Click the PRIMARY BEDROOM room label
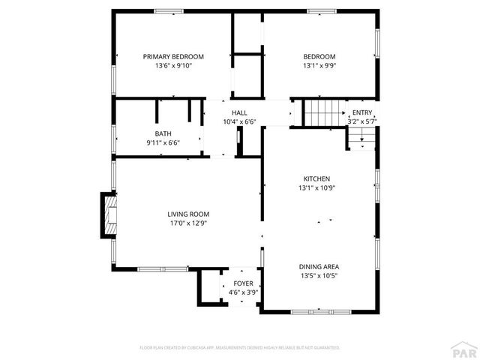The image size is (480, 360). point(173,56)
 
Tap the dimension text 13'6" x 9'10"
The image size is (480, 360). point(173,66)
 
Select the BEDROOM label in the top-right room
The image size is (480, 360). point(319,56)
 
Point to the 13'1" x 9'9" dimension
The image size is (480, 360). point(319,66)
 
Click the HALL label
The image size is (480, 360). point(239,112)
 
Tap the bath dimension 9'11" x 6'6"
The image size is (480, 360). point(163,142)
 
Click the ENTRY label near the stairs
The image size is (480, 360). point(361,112)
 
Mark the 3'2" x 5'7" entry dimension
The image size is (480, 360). point(361,121)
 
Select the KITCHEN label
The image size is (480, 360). point(316,178)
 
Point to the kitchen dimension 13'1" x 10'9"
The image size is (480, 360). point(316,187)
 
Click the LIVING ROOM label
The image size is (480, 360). point(187,214)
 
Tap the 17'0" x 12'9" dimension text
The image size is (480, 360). point(187,223)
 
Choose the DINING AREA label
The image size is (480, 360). point(319,266)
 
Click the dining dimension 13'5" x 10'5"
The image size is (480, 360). point(319,276)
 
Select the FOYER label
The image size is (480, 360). point(242,283)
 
